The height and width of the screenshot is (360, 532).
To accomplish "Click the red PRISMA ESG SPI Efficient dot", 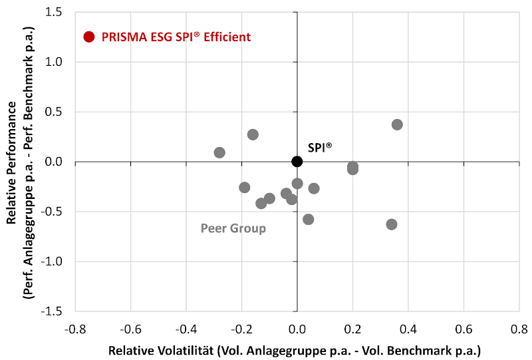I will [x=89, y=37].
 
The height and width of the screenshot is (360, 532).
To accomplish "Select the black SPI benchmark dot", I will [x=297, y=161].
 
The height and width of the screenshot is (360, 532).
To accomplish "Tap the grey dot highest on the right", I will [x=397, y=124].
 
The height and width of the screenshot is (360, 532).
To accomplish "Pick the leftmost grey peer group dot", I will [x=219, y=152].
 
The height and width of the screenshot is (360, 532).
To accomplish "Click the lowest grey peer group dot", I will [x=392, y=224].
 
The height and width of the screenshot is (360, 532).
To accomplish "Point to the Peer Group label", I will [x=233, y=229].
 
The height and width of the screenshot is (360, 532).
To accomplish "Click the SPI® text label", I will [x=320, y=148].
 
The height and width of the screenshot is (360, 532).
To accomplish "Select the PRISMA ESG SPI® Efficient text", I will [x=176, y=37].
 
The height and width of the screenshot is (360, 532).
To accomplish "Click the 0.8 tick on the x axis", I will [x=519, y=329].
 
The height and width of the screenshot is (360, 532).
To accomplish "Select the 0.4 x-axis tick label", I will [x=408, y=329].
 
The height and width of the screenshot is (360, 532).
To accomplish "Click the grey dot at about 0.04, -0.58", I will [x=308, y=219].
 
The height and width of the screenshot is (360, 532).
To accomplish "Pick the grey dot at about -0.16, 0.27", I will [x=253, y=134].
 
